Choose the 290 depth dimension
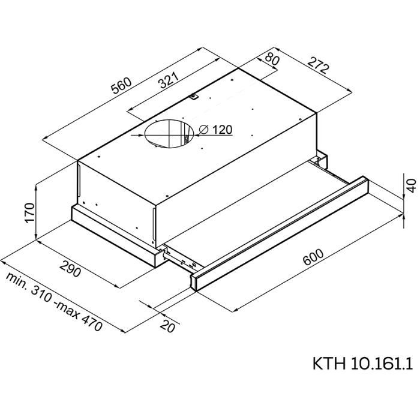coord(70,269)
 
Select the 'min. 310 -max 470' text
coord(55,304)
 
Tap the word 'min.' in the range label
coord(18,283)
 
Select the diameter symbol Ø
coord(202,130)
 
